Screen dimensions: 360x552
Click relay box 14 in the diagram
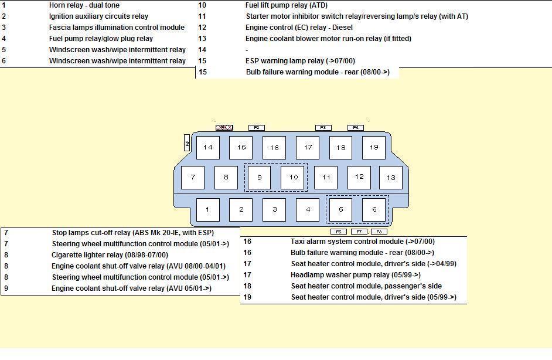pyautogui.click(x=207, y=147)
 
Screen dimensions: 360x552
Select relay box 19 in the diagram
pyautogui.click(x=374, y=147)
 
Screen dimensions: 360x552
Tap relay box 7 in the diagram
pyautogui.click(x=193, y=177)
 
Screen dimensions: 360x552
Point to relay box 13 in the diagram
pyautogui.click(x=391, y=177)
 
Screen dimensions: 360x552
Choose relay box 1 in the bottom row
pyautogui.click(x=207, y=209)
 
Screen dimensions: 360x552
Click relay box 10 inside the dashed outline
pyautogui.click(x=293, y=177)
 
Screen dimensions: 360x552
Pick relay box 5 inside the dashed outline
pyautogui.click(x=340, y=209)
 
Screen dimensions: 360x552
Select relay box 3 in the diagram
pyautogui.click(x=274, y=209)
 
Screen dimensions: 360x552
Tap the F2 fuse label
pyautogui.click(x=257, y=127)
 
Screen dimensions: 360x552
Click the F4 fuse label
pyautogui.click(x=356, y=127)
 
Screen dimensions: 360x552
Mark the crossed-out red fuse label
pyautogui.click(x=224, y=127)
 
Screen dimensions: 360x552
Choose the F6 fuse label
pyautogui.click(x=339, y=232)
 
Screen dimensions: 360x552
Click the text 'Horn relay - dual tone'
pyautogui.click(x=84, y=5)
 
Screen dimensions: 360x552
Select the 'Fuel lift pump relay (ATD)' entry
pyautogui.click(x=287, y=5)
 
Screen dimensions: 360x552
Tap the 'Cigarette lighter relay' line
pyautogui.click(x=110, y=255)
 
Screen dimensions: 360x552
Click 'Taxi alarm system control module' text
pyautogui.click(x=362, y=242)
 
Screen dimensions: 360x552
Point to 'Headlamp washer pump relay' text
pyautogui.click(x=356, y=275)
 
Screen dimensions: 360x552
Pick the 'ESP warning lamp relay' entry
pyautogui.click(x=300, y=61)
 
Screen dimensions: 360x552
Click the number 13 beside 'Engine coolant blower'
pyautogui.click(x=202, y=39)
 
